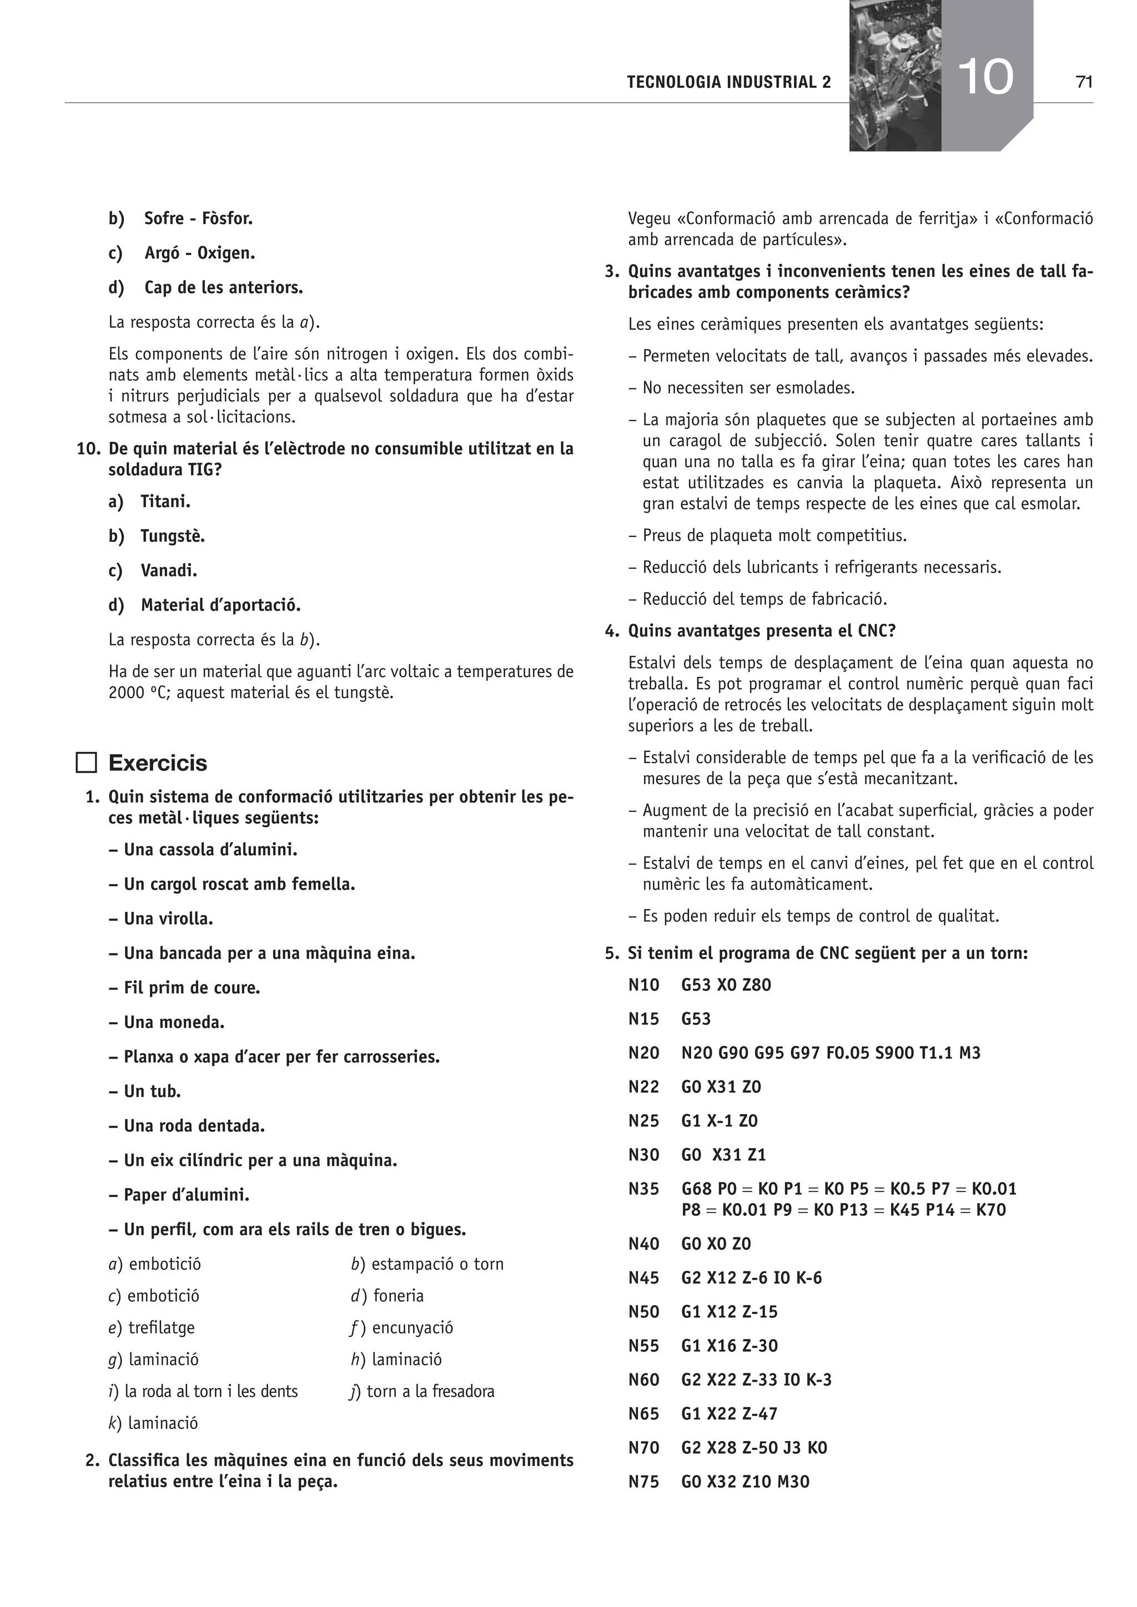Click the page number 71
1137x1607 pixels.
click(1084, 83)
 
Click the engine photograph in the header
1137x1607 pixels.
click(894, 75)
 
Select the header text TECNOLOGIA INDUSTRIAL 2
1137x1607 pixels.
click(729, 83)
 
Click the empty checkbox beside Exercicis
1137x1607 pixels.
click(86, 762)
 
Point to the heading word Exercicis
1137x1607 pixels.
click(158, 763)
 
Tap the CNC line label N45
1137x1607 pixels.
click(643, 1278)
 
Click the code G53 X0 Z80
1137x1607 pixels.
click(726, 986)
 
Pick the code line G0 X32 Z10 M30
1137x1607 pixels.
click(745, 1482)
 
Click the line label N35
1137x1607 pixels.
click(643, 1189)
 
